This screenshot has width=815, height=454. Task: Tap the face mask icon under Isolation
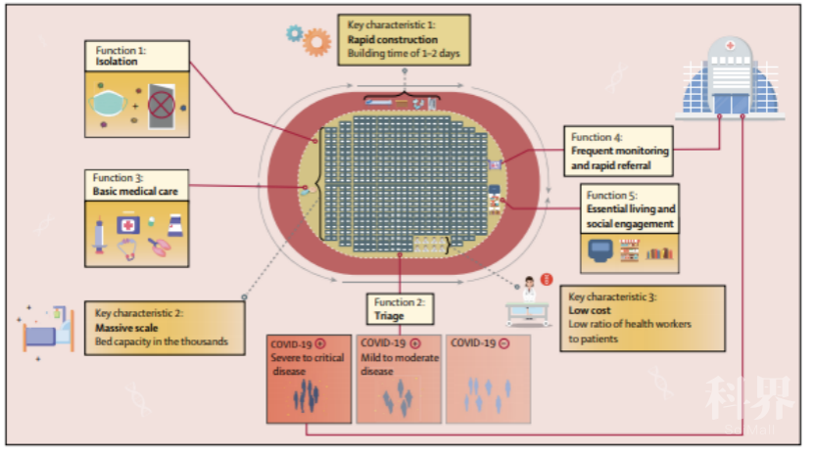point(110,103)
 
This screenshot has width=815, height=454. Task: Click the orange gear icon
point(315,41)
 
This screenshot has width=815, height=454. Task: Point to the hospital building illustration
point(731,78)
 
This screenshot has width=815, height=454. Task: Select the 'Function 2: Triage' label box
point(400,309)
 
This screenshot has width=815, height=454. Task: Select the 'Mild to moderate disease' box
point(399,378)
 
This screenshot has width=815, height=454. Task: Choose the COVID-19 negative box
point(488,378)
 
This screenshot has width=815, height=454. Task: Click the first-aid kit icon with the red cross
point(128,224)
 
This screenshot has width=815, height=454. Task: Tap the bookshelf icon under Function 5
point(659,254)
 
